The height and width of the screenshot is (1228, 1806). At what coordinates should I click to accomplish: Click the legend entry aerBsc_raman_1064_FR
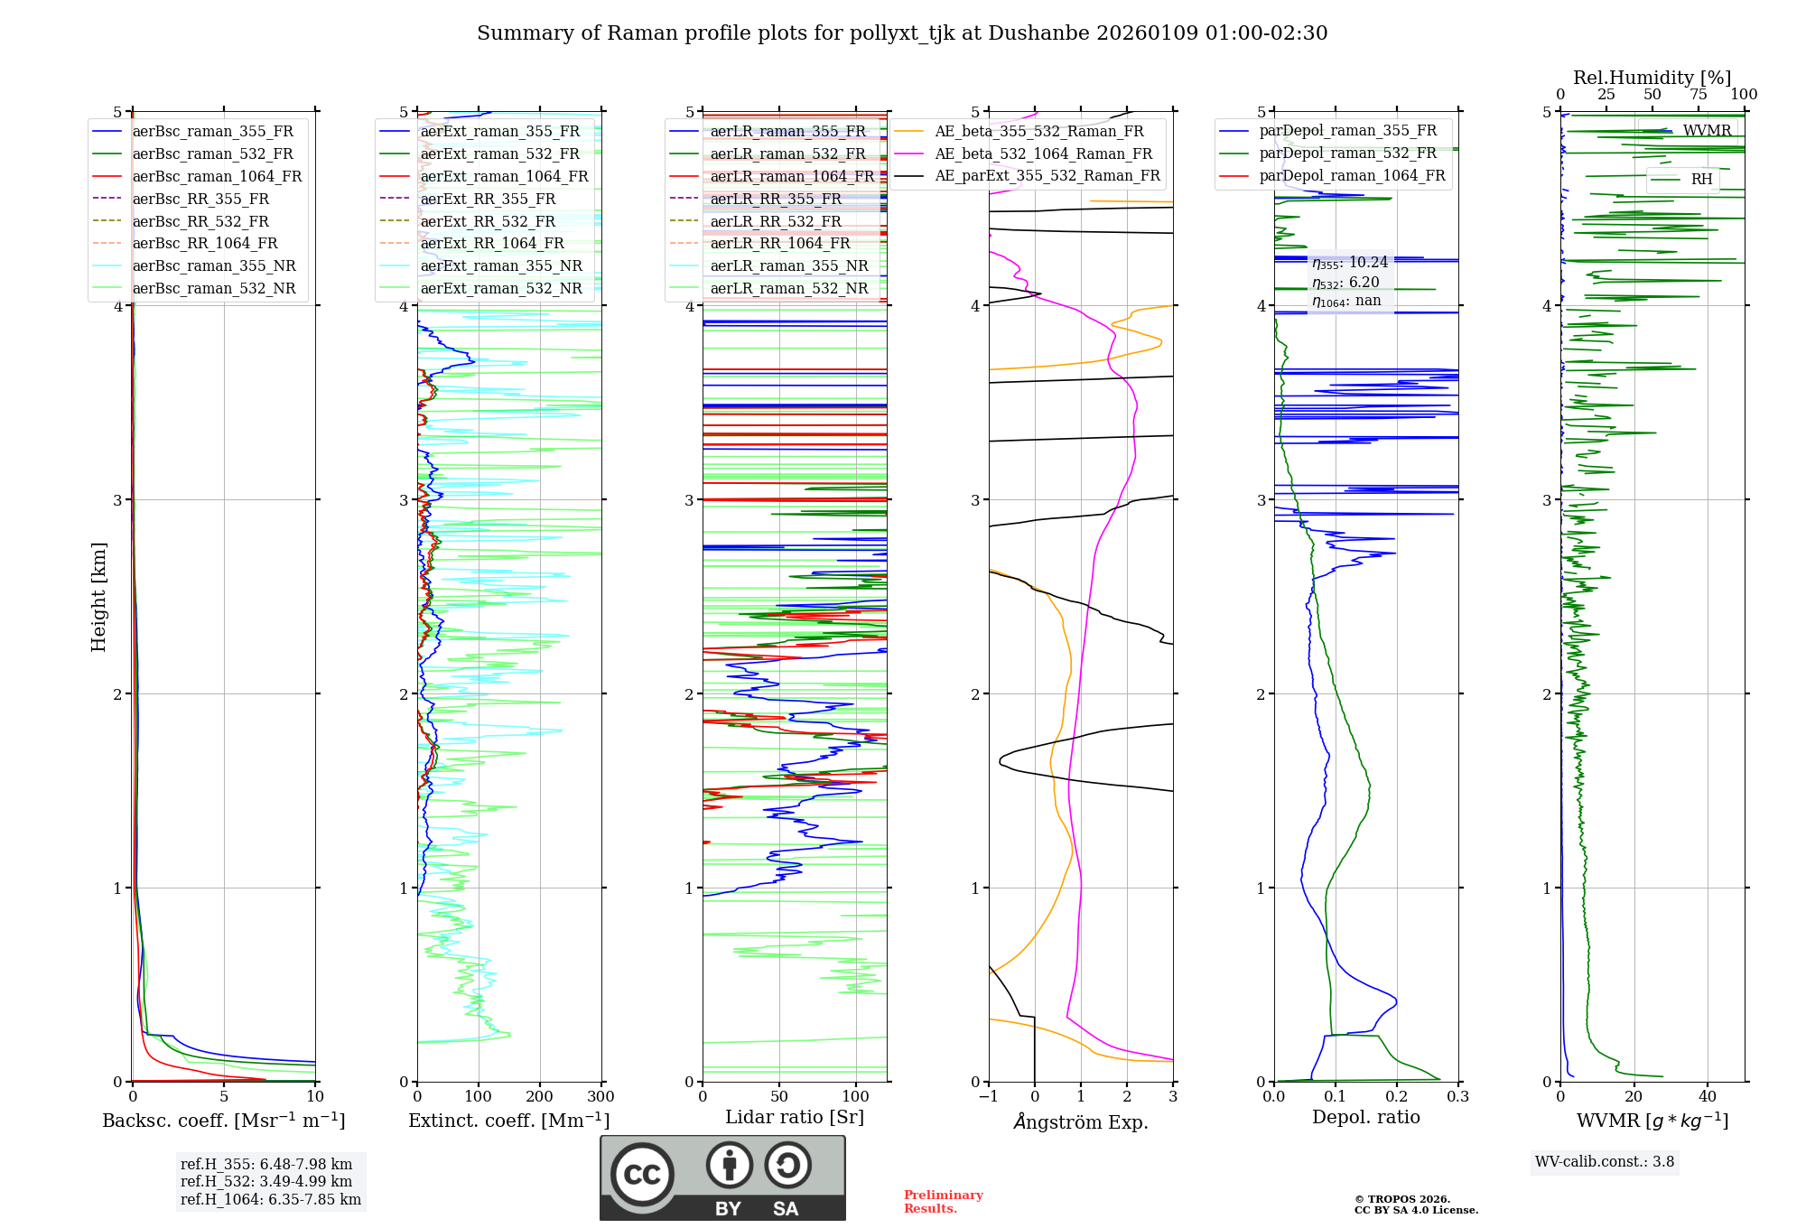click(x=217, y=176)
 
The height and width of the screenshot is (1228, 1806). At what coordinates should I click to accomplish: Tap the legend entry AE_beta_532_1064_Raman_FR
click(x=1043, y=153)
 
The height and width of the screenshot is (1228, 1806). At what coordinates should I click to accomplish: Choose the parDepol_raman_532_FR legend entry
click(x=1347, y=153)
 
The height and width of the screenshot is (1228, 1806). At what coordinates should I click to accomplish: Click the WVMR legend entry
click(x=1706, y=131)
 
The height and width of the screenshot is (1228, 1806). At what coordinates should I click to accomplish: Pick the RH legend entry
click(x=1701, y=179)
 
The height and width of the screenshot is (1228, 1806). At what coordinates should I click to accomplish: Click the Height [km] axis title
click(x=98, y=597)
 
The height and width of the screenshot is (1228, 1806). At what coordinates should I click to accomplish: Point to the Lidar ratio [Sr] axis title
click(x=795, y=1117)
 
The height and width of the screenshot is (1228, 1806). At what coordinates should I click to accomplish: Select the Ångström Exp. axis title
click(x=1081, y=1121)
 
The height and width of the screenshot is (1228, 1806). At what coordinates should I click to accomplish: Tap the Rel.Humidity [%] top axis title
click(x=1652, y=78)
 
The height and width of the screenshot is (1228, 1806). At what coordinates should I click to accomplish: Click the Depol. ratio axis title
click(x=1365, y=1117)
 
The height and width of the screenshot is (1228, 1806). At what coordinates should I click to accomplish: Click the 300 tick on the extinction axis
click(x=600, y=1096)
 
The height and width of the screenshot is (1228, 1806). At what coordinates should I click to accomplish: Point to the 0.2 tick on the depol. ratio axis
click(x=1397, y=1096)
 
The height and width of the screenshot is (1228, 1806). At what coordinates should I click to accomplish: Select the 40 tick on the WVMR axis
click(x=1708, y=1096)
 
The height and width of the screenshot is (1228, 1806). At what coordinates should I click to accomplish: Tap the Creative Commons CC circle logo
click(x=642, y=1175)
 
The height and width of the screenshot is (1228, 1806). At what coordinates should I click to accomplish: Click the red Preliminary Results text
click(x=943, y=1201)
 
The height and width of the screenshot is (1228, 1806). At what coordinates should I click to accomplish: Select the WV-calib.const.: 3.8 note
click(x=1605, y=1161)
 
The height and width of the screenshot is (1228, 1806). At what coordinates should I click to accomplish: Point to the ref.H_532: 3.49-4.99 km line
click(x=266, y=1181)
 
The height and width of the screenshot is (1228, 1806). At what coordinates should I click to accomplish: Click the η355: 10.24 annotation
click(x=1350, y=263)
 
